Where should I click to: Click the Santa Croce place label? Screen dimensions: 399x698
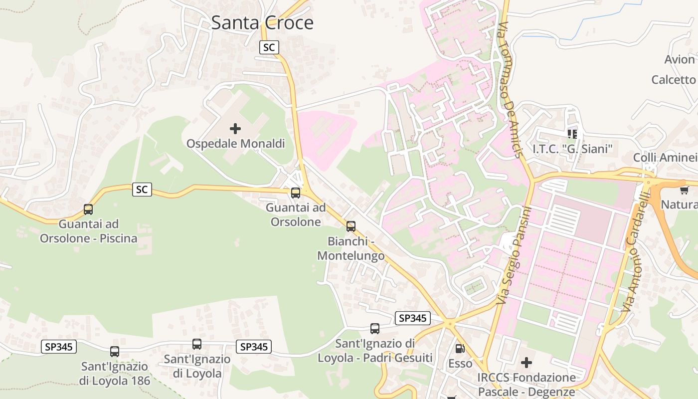tap(262, 23)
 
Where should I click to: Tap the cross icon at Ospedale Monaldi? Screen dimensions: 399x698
tap(235, 129)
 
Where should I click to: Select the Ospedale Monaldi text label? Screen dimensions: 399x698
tap(235, 144)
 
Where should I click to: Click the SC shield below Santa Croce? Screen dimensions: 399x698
tap(269, 47)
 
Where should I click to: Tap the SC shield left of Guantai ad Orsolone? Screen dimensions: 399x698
tap(142, 190)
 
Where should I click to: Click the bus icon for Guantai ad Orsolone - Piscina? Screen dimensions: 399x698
tap(88, 209)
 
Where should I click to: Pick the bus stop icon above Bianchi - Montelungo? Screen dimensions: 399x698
tap(351, 226)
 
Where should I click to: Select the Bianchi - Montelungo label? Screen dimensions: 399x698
tap(351, 248)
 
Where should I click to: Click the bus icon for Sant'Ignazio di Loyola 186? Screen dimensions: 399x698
tap(115, 351)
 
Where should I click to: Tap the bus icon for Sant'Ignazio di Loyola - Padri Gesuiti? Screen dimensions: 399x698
tap(375, 329)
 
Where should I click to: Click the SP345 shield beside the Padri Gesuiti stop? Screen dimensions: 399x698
tap(412, 318)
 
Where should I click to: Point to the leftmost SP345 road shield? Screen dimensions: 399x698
tap(59, 347)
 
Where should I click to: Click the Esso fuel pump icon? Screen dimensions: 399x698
tap(460, 349)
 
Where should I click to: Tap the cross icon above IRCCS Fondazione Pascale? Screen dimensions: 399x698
tap(526, 362)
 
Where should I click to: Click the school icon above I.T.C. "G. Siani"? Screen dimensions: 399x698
tap(572, 134)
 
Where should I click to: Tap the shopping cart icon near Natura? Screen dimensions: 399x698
tap(684, 190)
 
